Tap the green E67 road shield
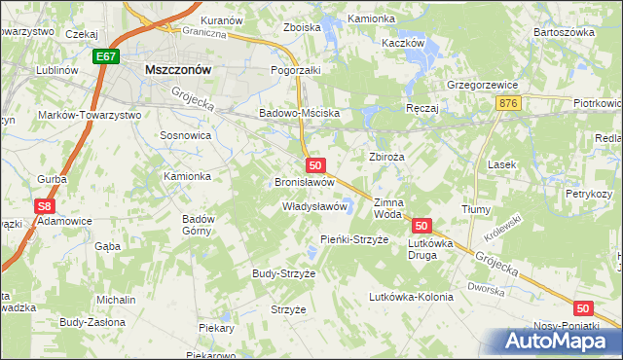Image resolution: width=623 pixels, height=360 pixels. click(x=107, y=58)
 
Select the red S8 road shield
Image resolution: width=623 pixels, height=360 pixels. click(x=44, y=206)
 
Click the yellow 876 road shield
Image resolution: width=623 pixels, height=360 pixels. click(x=505, y=101)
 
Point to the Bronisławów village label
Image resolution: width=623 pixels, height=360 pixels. click(x=305, y=182)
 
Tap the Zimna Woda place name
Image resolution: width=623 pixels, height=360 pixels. click(x=387, y=206)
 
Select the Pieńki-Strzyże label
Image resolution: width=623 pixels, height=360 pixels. click(x=354, y=238)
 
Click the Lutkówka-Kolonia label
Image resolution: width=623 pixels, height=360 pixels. click(x=410, y=297)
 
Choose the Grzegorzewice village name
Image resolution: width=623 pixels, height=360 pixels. click(x=481, y=84)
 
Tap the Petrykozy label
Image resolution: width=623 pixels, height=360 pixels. click(x=588, y=194)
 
